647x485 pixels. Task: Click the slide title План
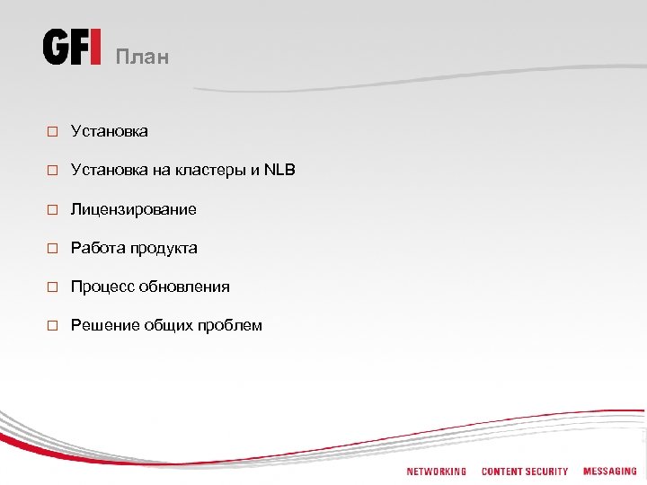142,57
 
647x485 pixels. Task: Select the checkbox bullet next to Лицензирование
53,210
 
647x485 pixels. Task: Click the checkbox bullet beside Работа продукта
53,249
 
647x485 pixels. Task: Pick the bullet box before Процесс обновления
53,287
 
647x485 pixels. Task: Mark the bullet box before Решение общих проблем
53,326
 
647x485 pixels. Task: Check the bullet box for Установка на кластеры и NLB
53,171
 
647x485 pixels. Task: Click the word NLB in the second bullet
279,170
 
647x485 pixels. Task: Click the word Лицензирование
133,209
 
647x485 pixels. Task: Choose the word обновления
184,287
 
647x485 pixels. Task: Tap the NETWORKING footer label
437,472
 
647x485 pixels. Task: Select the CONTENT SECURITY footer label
525,472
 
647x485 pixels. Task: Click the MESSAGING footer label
609,472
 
